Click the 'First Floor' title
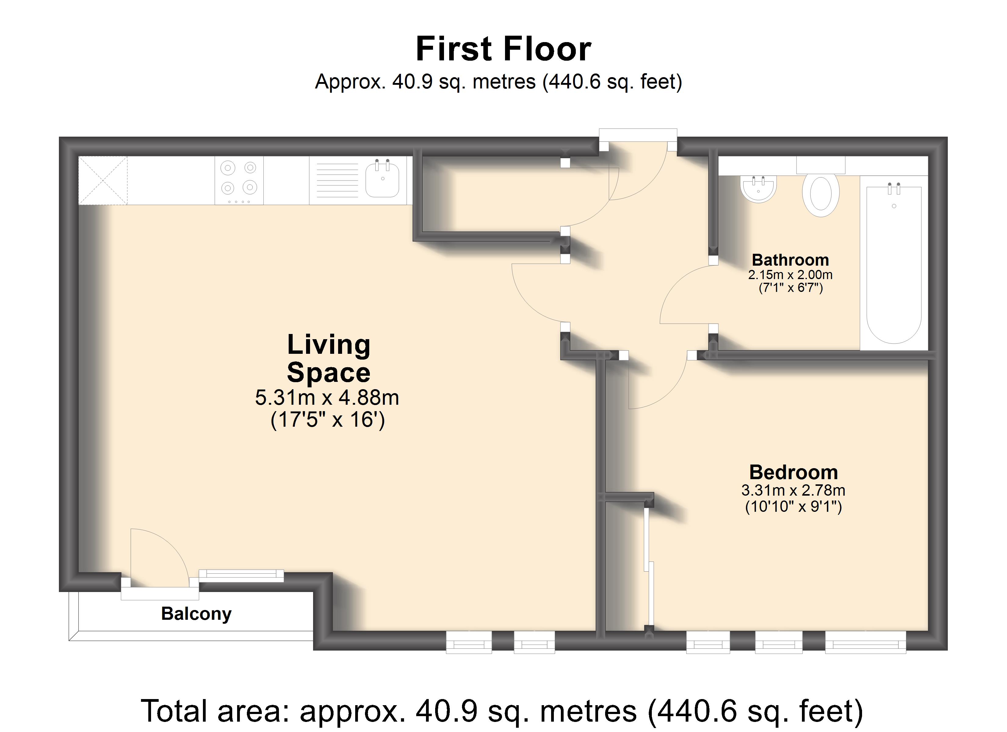pos(503,49)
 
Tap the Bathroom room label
pos(790,260)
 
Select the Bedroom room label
pos(793,472)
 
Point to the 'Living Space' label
pos(329,358)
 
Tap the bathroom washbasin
pos(758,189)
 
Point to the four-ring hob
pos(239,181)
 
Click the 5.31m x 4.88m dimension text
pos(327,398)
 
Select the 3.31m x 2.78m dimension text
pos(793,490)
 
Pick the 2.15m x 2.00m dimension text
pos(790,275)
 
